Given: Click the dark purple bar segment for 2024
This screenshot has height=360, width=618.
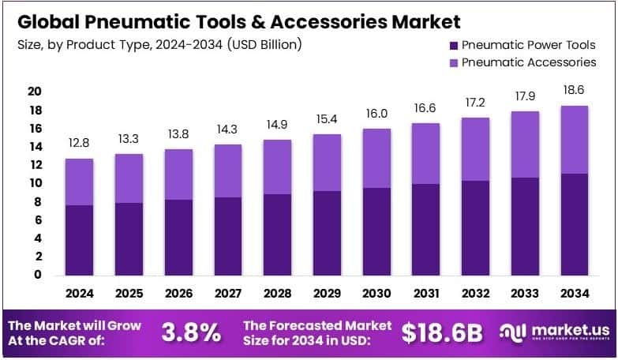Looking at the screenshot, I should [79, 240].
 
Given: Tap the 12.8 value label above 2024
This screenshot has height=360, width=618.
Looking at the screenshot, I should [79, 144].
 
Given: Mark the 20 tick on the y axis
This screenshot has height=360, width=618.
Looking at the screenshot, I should [34, 92].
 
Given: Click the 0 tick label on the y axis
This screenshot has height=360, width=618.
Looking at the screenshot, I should [37, 275].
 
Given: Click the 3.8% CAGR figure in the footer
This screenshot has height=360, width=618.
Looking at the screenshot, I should [191, 333].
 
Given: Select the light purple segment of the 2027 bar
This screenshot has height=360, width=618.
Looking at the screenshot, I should [228, 171].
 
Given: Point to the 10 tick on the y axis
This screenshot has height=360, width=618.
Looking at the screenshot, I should [34, 183].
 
